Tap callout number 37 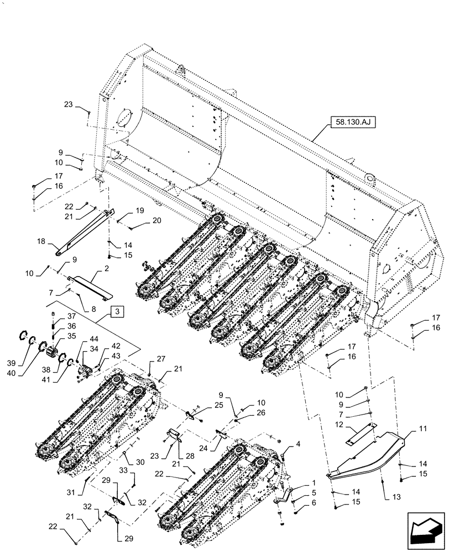[71, 316]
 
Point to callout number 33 [123, 470]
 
